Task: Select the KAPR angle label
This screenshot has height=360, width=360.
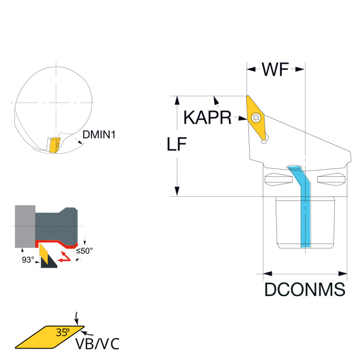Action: click(x=207, y=117)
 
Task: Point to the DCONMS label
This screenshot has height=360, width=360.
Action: click(x=305, y=290)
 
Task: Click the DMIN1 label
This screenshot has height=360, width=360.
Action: click(x=99, y=134)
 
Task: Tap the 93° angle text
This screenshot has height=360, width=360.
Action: click(x=28, y=260)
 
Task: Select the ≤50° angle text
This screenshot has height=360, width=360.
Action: click(x=84, y=250)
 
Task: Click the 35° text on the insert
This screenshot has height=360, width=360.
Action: click(x=63, y=333)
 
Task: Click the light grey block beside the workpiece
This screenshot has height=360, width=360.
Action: click(x=25, y=226)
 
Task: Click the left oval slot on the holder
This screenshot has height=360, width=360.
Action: click(x=278, y=180)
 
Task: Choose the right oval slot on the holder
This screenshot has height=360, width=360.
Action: click(x=331, y=180)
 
